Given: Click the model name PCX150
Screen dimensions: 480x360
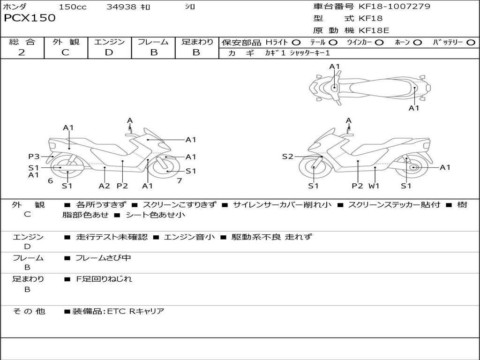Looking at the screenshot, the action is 30,18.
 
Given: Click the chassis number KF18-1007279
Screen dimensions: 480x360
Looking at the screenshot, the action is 394,7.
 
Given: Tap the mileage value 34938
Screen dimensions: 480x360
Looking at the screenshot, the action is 121,7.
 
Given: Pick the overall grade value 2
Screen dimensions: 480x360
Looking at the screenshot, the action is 22,52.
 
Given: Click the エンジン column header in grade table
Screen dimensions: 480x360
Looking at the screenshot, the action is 109,42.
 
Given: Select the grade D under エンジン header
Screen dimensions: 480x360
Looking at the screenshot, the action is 109,52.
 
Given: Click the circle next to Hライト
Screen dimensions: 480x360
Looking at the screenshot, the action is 296,43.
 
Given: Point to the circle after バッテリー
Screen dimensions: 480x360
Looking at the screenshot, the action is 471,43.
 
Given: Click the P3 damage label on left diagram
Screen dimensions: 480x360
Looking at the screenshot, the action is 34,157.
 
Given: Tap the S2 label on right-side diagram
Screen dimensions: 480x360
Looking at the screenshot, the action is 287,157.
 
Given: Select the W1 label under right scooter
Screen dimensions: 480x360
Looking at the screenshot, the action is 374,186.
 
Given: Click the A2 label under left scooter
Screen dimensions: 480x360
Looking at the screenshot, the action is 104,186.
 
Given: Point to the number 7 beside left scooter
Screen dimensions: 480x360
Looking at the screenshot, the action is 179,180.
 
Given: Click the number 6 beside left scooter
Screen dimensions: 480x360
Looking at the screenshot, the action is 50,180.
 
